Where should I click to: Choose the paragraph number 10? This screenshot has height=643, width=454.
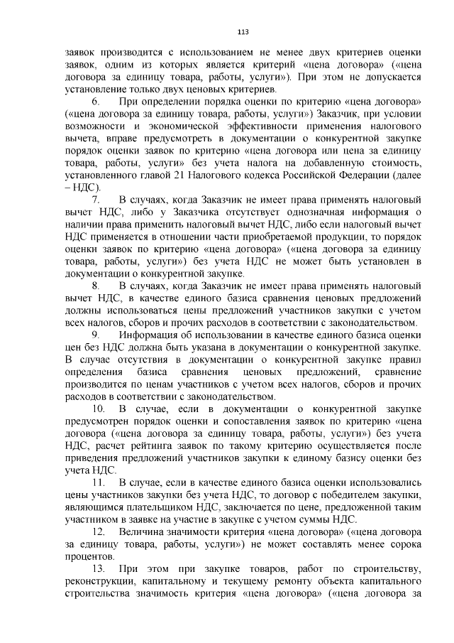(99, 409)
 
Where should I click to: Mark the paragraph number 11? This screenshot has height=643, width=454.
(99, 482)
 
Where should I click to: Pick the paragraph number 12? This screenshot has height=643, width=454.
(99, 532)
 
